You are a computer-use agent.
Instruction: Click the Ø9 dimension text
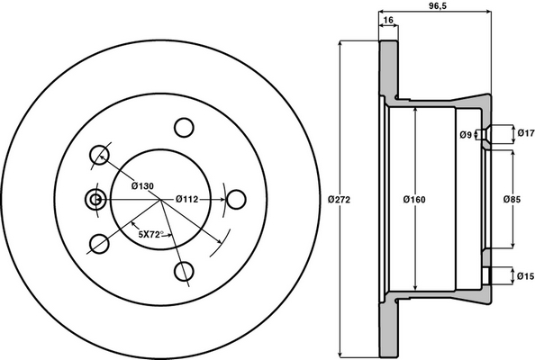pos(467,135)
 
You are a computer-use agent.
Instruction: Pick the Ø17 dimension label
pos(525,135)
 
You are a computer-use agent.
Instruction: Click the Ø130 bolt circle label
pos(142,186)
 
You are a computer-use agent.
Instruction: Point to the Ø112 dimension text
pos(187,199)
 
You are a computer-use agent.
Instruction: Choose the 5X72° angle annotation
pos(149,234)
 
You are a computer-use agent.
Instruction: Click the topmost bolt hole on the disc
pos(184,127)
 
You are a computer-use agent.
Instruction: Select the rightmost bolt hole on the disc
pos(237,199)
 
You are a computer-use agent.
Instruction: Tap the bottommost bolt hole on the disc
pos(184,271)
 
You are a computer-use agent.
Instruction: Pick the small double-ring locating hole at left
pos(93,199)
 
